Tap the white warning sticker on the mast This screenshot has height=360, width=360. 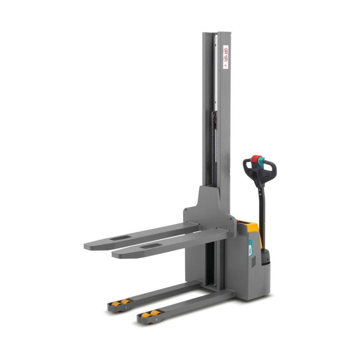click(x=226, y=56)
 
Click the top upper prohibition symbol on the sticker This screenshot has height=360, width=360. click(x=226, y=49)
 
